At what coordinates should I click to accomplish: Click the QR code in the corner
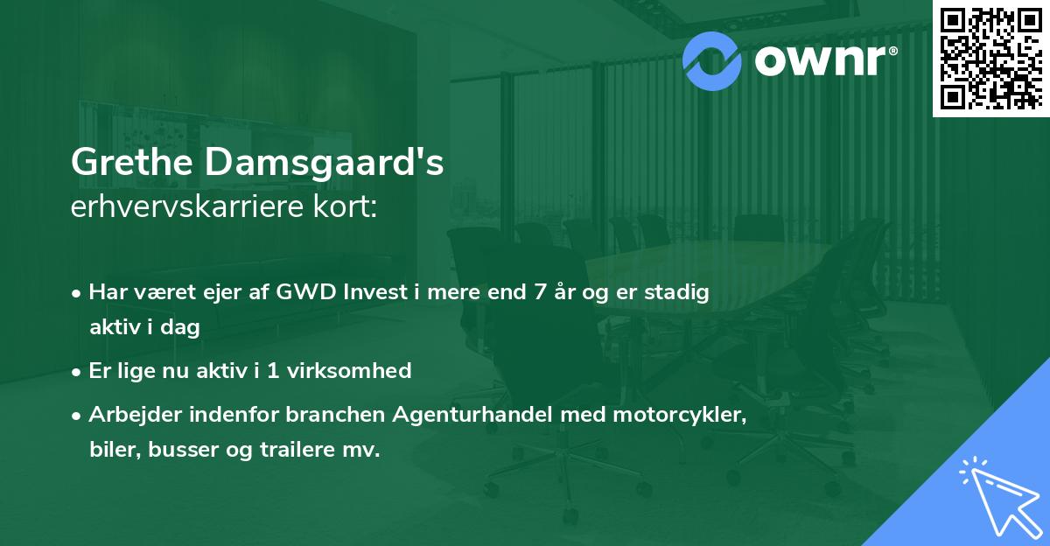point(990,58)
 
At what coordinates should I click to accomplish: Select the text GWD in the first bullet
point(299,292)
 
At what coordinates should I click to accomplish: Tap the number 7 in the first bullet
point(538,292)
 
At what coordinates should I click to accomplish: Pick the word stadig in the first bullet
point(679,292)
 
